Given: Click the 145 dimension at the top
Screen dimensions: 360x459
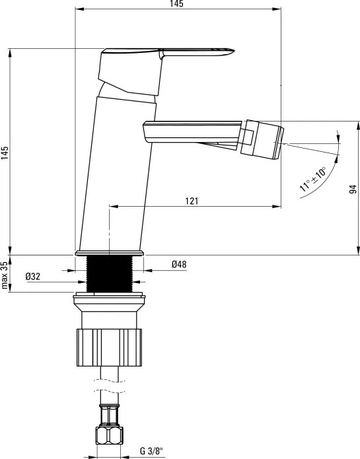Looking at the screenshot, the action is click(177, 3).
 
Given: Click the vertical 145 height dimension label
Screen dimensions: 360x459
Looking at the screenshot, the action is click(5, 153).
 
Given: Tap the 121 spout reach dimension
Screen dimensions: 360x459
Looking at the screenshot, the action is click(192, 201).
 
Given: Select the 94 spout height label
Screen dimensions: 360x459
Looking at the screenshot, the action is click(353, 189).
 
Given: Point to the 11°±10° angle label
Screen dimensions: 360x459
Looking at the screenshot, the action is click(313, 179).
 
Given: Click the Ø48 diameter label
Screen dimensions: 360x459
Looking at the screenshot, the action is click(179, 264).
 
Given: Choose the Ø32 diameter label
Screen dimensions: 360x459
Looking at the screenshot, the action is click(33, 276).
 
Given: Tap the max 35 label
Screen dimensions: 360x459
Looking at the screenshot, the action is click(5, 275).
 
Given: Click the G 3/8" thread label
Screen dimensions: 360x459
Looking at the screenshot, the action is click(151, 451).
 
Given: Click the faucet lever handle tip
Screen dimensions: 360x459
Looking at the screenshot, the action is click(233, 51).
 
